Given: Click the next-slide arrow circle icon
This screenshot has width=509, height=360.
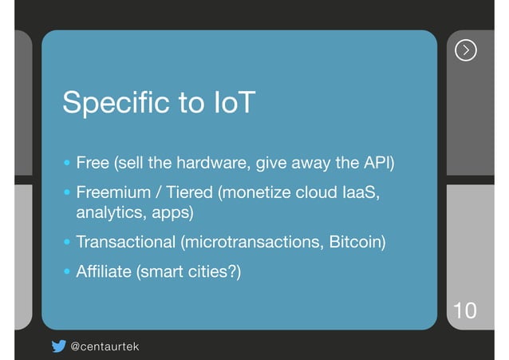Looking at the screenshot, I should tap(466, 50).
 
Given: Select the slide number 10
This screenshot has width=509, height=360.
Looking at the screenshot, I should tap(464, 310).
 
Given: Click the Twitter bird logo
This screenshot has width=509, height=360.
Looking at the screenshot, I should tap(58, 346).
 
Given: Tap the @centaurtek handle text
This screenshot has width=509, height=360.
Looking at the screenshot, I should tap(105, 346).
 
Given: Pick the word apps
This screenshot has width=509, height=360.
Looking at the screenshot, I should tap(173, 213).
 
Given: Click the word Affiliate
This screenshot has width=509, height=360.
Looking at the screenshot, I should tap(104, 272).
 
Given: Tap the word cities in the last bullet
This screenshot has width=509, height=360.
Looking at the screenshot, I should tap(210, 272).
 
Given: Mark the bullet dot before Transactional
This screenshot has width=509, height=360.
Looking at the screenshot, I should tap(67, 242).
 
